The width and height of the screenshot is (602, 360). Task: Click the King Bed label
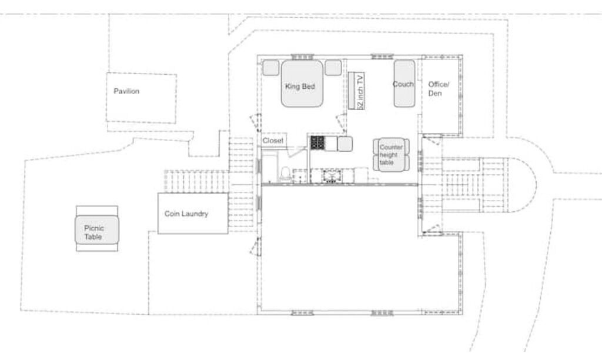coord(300,86)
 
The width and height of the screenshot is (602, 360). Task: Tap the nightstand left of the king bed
coord(270,68)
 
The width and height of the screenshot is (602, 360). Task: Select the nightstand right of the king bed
coord(333,68)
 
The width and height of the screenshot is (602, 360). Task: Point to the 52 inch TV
coord(357,91)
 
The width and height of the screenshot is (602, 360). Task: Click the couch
coord(404,84)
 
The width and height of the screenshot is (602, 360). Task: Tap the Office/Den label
coord(439,89)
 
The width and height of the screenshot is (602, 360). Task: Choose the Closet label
coord(273,141)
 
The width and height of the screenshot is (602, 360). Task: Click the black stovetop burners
coord(317,143)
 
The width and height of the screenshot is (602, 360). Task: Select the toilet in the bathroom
coord(285,174)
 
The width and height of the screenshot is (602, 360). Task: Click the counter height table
coord(391,155)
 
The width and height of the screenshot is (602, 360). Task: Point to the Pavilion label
coord(126,91)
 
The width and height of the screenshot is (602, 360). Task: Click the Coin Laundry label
coord(186,214)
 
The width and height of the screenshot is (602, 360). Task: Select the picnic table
coord(97,229)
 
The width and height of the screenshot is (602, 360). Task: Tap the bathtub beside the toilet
coord(269,168)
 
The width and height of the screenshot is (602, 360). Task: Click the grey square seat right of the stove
coord(345,144)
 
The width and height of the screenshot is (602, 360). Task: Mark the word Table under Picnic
coord(93,236)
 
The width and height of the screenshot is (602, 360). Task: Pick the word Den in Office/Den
coord(435,94)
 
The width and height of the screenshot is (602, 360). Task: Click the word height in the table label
coord(389,155)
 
